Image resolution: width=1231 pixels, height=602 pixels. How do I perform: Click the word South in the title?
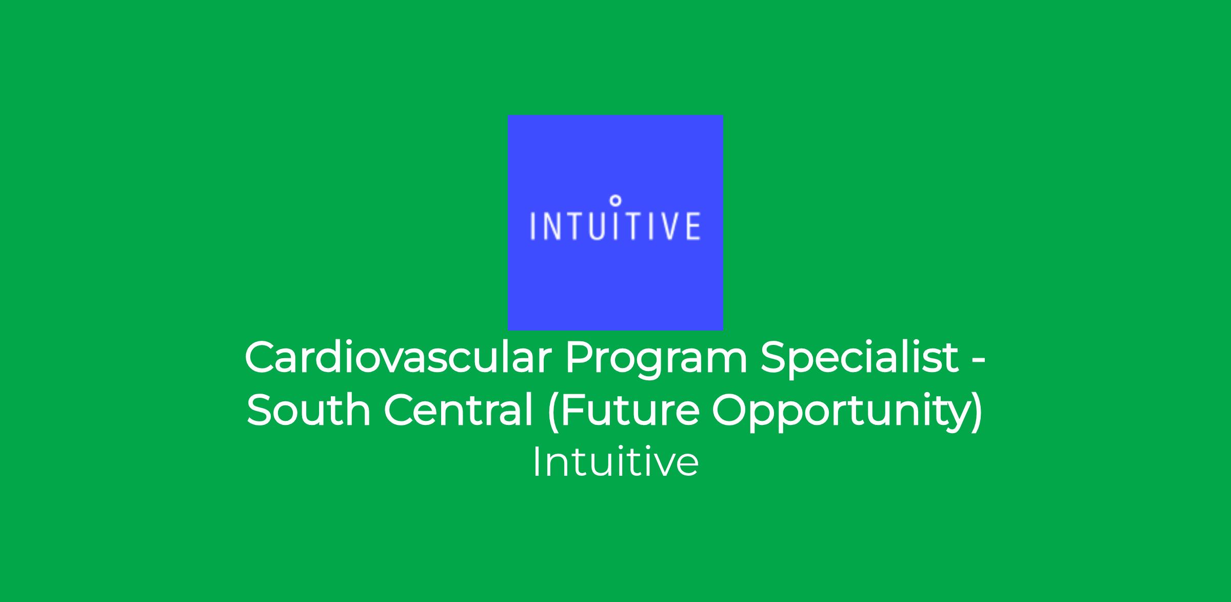[x=308, y=410]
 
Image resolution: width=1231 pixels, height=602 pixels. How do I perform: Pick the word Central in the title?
[x=459, y=410]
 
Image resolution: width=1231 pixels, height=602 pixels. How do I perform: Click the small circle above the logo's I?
[x=617, y=200]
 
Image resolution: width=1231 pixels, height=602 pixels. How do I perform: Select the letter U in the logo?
[x=597, y=226]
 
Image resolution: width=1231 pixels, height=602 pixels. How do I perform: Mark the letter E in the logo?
[x=692, y=226]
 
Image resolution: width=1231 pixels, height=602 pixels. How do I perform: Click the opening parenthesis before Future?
[x=552, y=412]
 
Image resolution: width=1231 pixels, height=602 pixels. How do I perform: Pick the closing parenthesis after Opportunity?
[x=977, y=412]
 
